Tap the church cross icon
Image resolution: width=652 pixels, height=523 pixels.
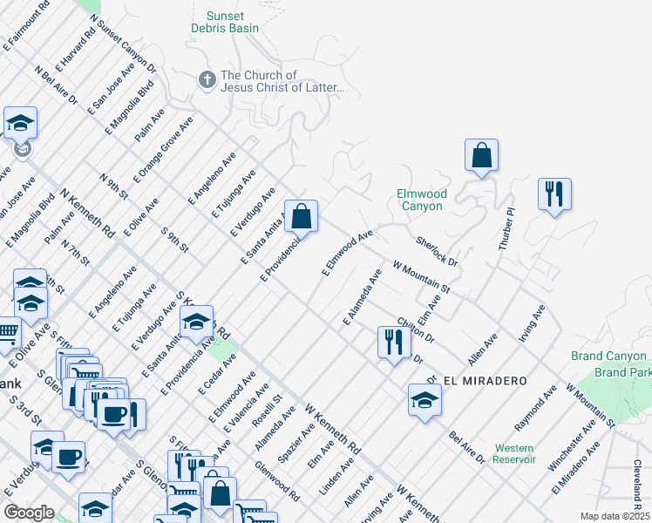click(x=207, y=81)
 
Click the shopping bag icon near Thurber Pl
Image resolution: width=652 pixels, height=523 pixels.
click(x=481, y=157)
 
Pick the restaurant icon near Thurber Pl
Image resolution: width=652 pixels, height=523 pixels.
click(x=554, y=195)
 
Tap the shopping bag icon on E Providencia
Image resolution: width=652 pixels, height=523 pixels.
click(x=301, y=217)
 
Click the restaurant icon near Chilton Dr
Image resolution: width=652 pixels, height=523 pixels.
click(x=395, y=342)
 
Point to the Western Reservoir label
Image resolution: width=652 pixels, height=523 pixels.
click(x=513, y=453)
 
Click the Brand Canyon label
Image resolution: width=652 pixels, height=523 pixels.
click(x=608, y=357)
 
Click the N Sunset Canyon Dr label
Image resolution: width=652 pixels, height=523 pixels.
click(x=123, y=45)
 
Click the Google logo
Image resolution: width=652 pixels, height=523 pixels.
click(x=29, y=513)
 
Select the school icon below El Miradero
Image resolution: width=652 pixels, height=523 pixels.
click(x=424, y=401)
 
